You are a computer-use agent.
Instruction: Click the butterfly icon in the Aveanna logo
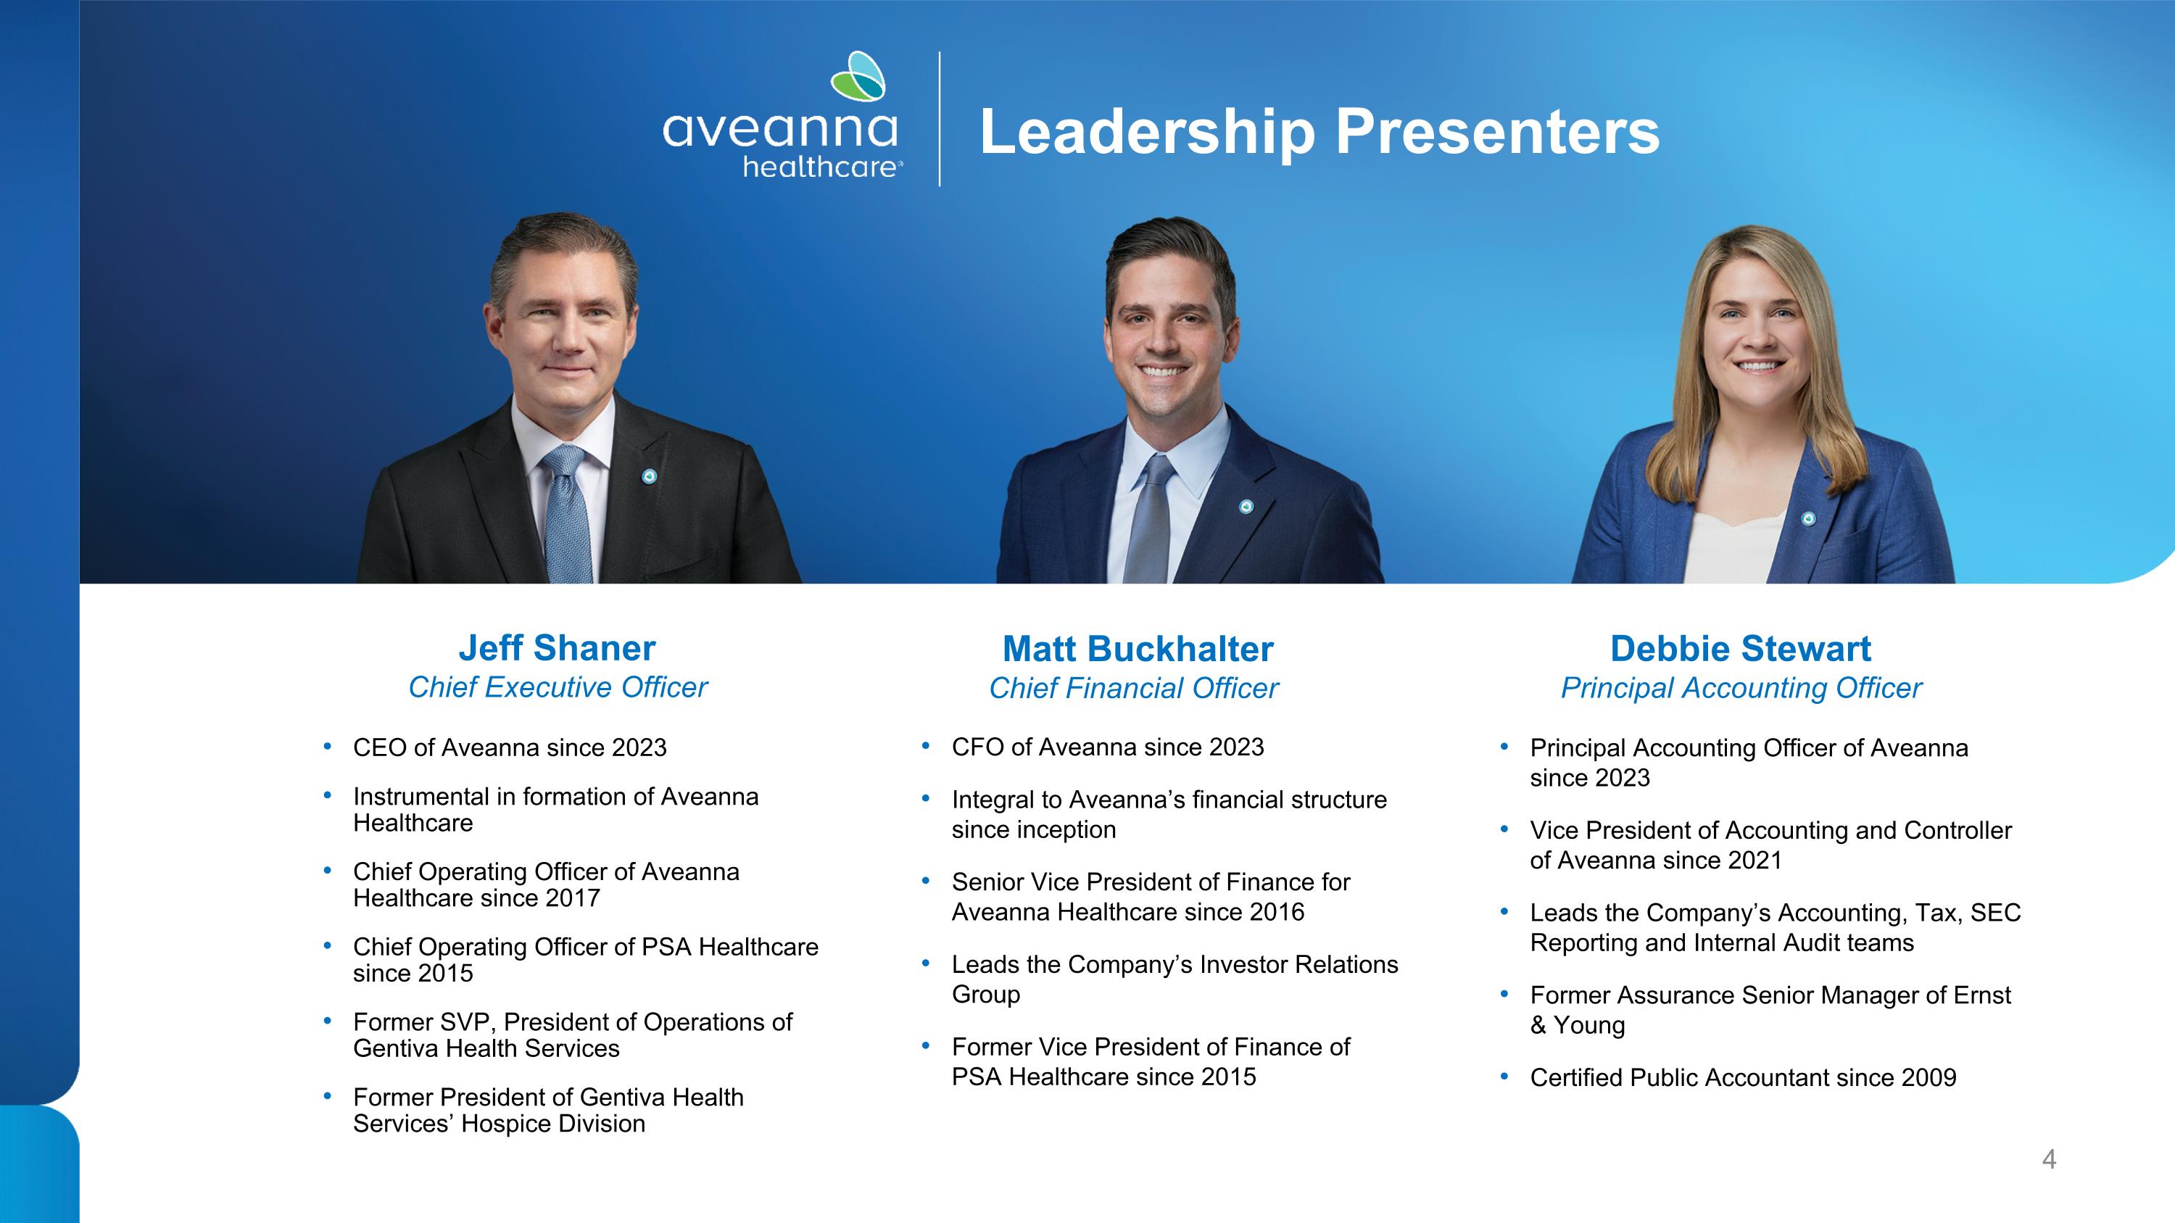pyautogui.click(x=858, y=76)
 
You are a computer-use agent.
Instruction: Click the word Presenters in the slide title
pyautogui.click(x=1497, y=132)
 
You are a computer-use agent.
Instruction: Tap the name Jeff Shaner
pyautogui.click(x=558, y=648)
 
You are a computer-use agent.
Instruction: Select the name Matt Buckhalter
pyautogui.click(x=1138, y=649)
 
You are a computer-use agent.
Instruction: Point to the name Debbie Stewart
pyautogui.click(x=1741, y=649)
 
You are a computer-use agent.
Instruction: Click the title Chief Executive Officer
pyautogui.click(x=558, y=687)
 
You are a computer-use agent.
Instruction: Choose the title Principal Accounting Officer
pyautogui.click(x=1741, y=688)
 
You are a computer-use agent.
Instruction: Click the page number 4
pyautogui.click(x=2049, y=1160)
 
